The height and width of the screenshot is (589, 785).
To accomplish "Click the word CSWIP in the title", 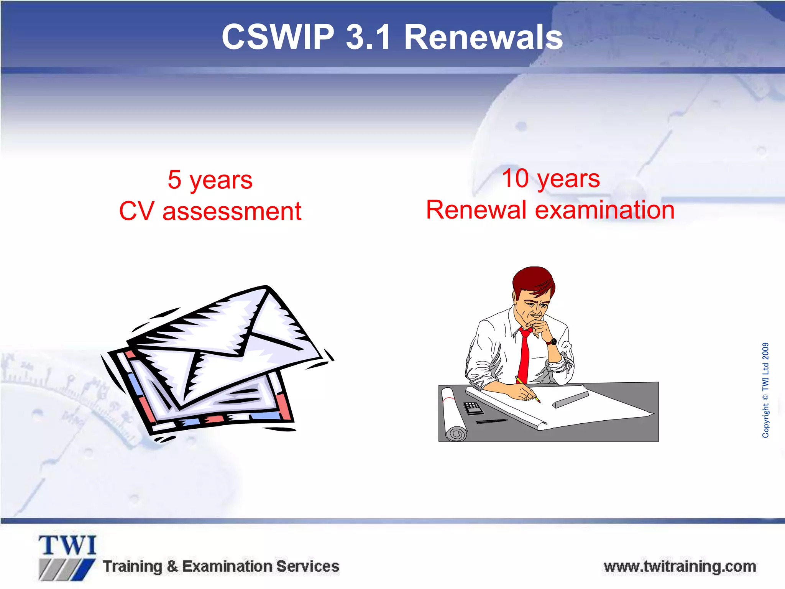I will (x=278, y=37).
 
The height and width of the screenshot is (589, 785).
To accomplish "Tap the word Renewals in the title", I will (x=483, y=37).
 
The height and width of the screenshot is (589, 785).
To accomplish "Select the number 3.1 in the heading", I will (x=368, y=37).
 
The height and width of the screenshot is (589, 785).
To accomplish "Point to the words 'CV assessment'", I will (x=210, y=211).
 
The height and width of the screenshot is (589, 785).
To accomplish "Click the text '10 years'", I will (x=551, y=178).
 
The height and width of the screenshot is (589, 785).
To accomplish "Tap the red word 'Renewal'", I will (x=476, y=210).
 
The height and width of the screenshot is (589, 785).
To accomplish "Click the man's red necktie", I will (x=524, y=357).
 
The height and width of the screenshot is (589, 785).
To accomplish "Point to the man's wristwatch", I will (x=552, y=341).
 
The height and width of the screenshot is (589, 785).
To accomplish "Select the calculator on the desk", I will (x=473, y=408).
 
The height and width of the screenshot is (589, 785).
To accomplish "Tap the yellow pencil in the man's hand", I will (x=528, y=390).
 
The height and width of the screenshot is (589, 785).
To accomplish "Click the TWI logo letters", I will (x=67, y=545).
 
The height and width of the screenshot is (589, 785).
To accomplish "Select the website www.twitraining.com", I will (x=680, y=566).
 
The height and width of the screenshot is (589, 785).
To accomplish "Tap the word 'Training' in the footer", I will (x=133, y=566).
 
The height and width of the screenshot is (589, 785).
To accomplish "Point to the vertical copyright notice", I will (x=765, y=390).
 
